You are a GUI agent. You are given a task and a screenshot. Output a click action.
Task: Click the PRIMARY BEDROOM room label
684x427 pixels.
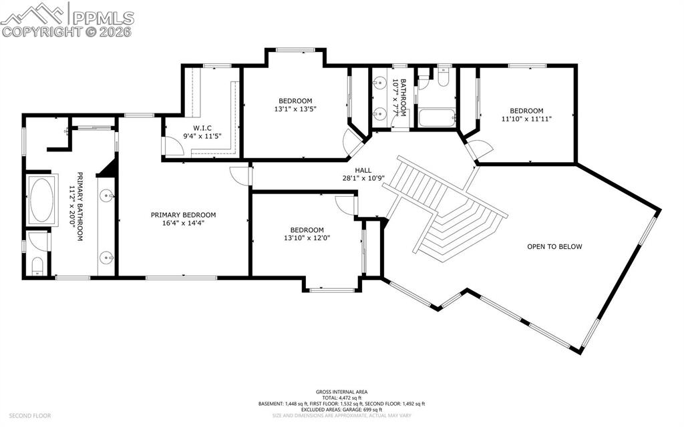(x=183, y=215)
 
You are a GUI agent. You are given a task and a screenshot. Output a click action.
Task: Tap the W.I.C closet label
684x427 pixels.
(x=202, y=128)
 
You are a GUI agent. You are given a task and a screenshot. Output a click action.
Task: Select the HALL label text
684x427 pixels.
(x=363, y=170)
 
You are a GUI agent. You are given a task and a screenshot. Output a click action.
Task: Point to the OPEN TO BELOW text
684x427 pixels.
(x=554, y=247)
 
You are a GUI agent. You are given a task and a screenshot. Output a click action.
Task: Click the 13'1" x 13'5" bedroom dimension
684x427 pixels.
(x=295, y=109)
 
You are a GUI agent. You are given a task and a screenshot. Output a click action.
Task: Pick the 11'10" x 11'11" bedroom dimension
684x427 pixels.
(x=526, y=119)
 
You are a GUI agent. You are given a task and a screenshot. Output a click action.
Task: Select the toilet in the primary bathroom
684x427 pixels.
(x=37, y=266)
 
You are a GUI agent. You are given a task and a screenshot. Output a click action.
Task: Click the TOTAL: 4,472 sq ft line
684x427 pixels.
(x=341, y=398)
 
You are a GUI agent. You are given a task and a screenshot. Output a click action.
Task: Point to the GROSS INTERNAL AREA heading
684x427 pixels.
(x=341, y=392)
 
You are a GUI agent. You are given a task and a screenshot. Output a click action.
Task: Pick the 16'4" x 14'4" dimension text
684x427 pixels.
(x=183, y=224)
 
